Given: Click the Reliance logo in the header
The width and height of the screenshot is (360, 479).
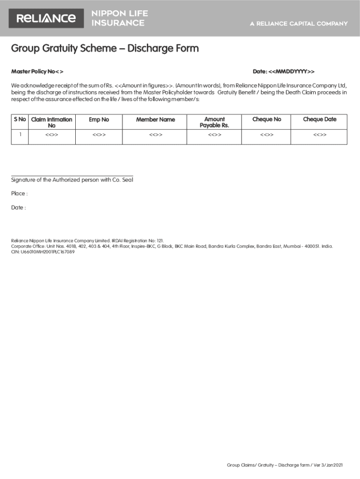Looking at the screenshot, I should [46, 18].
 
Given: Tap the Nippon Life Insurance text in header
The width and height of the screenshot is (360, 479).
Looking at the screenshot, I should [118, 18].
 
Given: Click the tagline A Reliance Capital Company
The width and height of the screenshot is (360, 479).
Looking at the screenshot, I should [299, 23].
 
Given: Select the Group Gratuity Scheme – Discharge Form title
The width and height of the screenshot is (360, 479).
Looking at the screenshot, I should [105, 48].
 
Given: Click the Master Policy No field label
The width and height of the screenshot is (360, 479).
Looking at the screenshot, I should [37, 72].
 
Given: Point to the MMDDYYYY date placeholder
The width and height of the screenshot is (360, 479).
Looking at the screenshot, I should [291, 72].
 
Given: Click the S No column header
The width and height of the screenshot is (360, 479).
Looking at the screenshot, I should [20, 120].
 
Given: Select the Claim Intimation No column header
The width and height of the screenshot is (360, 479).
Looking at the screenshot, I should [51, 123].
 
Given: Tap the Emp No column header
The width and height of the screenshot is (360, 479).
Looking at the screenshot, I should [99, 120].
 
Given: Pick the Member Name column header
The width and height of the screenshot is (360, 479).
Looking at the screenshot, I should [155, 120].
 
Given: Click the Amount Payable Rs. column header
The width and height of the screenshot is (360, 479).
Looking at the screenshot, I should [214, 123].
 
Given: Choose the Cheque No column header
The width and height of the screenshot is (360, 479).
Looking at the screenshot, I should [266, 120].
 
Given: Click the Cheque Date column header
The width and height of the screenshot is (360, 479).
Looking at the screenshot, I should [319, 120].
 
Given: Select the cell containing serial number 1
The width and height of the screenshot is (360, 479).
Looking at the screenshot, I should [20, 135].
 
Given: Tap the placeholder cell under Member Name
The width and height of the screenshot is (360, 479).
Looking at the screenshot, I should [155, 135].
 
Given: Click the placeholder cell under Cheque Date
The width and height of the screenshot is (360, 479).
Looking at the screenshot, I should [319, 135].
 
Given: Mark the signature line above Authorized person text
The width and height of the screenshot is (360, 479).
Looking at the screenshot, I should [72, 175].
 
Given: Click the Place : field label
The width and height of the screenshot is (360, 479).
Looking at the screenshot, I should [19, 194].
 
